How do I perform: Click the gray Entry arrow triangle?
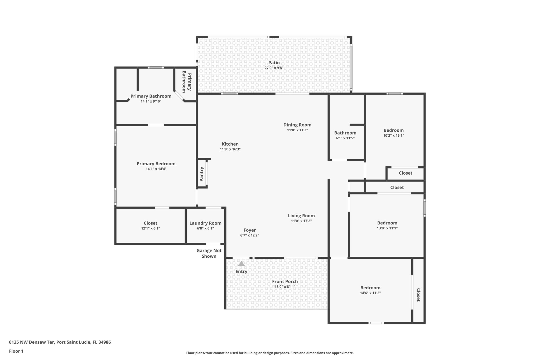coord(241,264)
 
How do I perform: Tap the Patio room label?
coord(274,63)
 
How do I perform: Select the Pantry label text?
coord(202,174)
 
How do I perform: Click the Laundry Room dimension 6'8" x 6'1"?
coord(205,228)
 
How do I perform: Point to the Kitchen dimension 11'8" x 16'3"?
coord(230,149)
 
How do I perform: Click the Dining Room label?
coord(297,125)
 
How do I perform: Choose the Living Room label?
coord(301,216)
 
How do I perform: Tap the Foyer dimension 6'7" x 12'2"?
coord(249,235)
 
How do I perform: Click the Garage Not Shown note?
coord(209,253)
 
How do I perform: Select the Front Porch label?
coord(285,281)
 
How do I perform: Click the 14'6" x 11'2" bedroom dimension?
coord(370,293)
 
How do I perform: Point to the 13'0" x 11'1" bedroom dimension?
coord(387,228)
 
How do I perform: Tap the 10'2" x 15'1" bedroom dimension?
coord(393,136)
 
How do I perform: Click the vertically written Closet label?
coord(418,295)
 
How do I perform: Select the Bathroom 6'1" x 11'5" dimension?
coord(345,138)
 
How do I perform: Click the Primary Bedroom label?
coord(156,164)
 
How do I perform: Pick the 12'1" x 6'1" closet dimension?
coord(150,228)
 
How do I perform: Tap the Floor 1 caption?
coord(16,351)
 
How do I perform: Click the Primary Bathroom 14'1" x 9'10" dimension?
coord(151,101)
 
